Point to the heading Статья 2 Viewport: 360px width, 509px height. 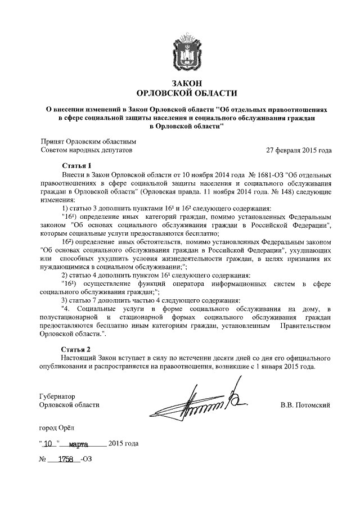coord(76,349)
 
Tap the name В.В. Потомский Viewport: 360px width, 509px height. coord(305,405)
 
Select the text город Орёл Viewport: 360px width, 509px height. coord(57,429)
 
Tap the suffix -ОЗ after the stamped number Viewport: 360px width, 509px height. coord(87,460)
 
